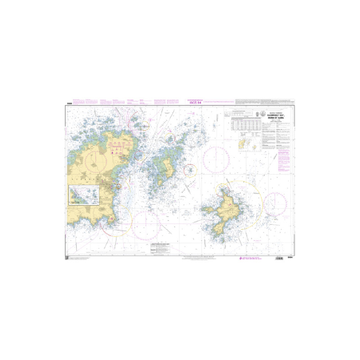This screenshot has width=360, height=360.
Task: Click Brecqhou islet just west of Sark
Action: [209, 209]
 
